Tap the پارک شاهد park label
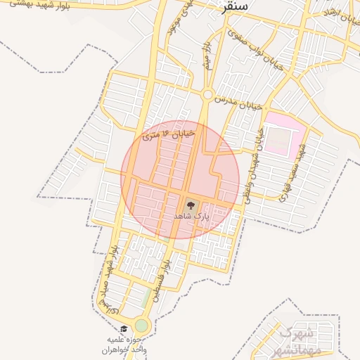[192, 217]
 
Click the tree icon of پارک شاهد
[191, 206]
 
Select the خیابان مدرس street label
[239, 103]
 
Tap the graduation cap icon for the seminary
[124, 329]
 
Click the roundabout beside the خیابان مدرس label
[207, 94]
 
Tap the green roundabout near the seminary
[142, 326]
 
